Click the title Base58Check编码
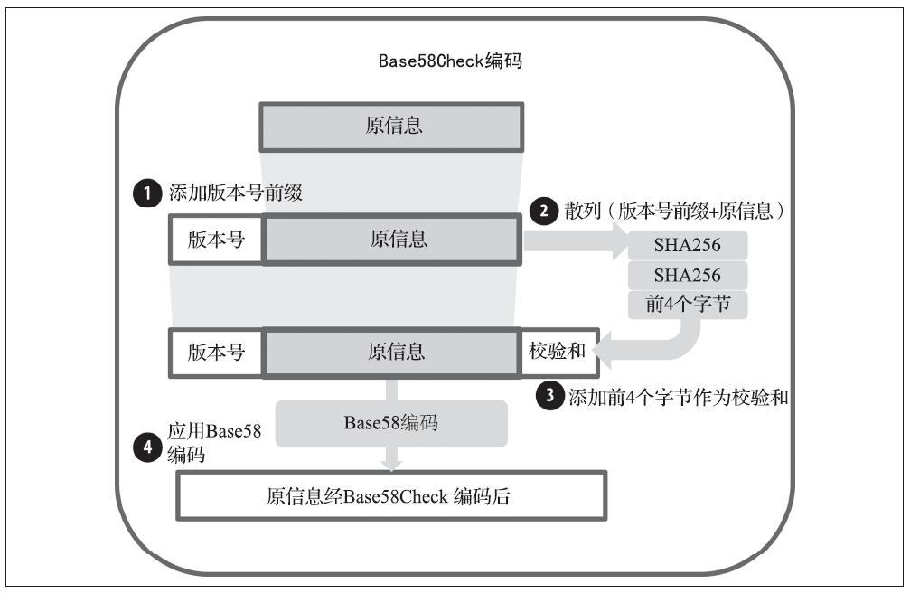(x=450, y=61)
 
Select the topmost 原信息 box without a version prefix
(x=391, y=127)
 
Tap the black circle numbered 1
(x=146, y=193)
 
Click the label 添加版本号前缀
(x=236, y=193)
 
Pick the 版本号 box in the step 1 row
(x=216, y=240)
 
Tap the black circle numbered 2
(x=544, y=211)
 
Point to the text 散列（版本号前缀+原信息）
(x=675, y=211)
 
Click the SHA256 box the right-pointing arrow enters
(x=688, y=245)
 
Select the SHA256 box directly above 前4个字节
(x=688, y=276)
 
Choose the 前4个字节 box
(x=688, y=305)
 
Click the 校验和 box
(x=558, y=352)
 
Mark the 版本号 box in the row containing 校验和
(x=216, y=353)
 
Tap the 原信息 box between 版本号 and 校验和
(x=391, y=353)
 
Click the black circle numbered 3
(x=549, y=396)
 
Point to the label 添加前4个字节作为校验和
(x=678, y=397)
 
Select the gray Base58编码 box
(x=391, y=423)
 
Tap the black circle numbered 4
(x=146, y=447)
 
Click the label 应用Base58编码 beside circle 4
(x=214, y=443)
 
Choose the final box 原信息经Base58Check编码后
(x=391, y=496)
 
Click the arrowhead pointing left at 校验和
(x=604, y=350)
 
